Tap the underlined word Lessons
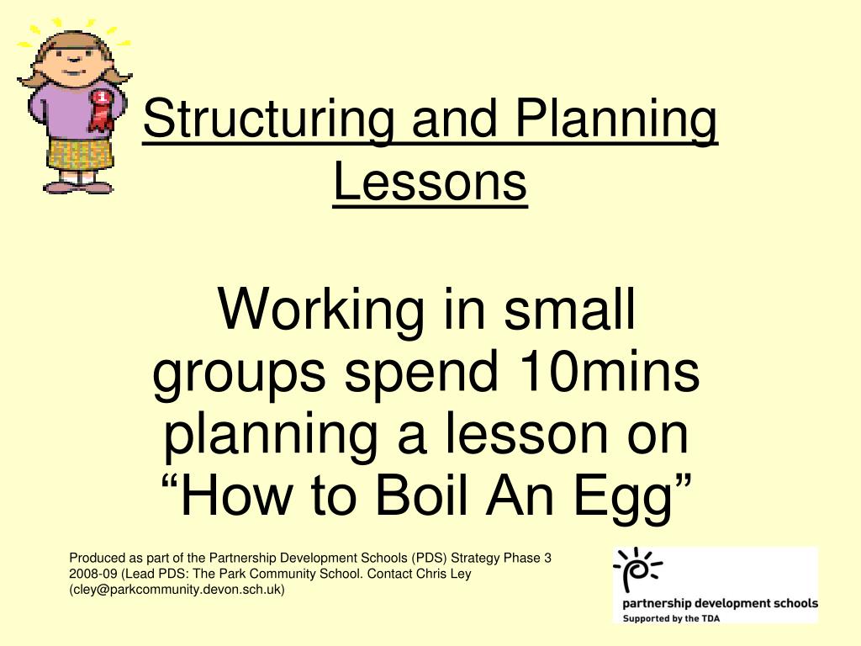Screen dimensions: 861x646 (x=430, y=182)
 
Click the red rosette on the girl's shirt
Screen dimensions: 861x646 (x=102, y=110)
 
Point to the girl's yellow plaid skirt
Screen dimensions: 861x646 (x=80, y=153)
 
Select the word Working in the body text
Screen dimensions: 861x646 (x=320, y=311)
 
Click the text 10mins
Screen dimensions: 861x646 (x=610, y=371)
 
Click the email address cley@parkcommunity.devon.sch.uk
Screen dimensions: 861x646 (x=177, y=590)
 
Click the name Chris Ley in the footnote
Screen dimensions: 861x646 (x=444, y=574)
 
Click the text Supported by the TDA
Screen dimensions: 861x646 (x=671, y=618)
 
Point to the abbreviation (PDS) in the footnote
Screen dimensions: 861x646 (x=430, y=559)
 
